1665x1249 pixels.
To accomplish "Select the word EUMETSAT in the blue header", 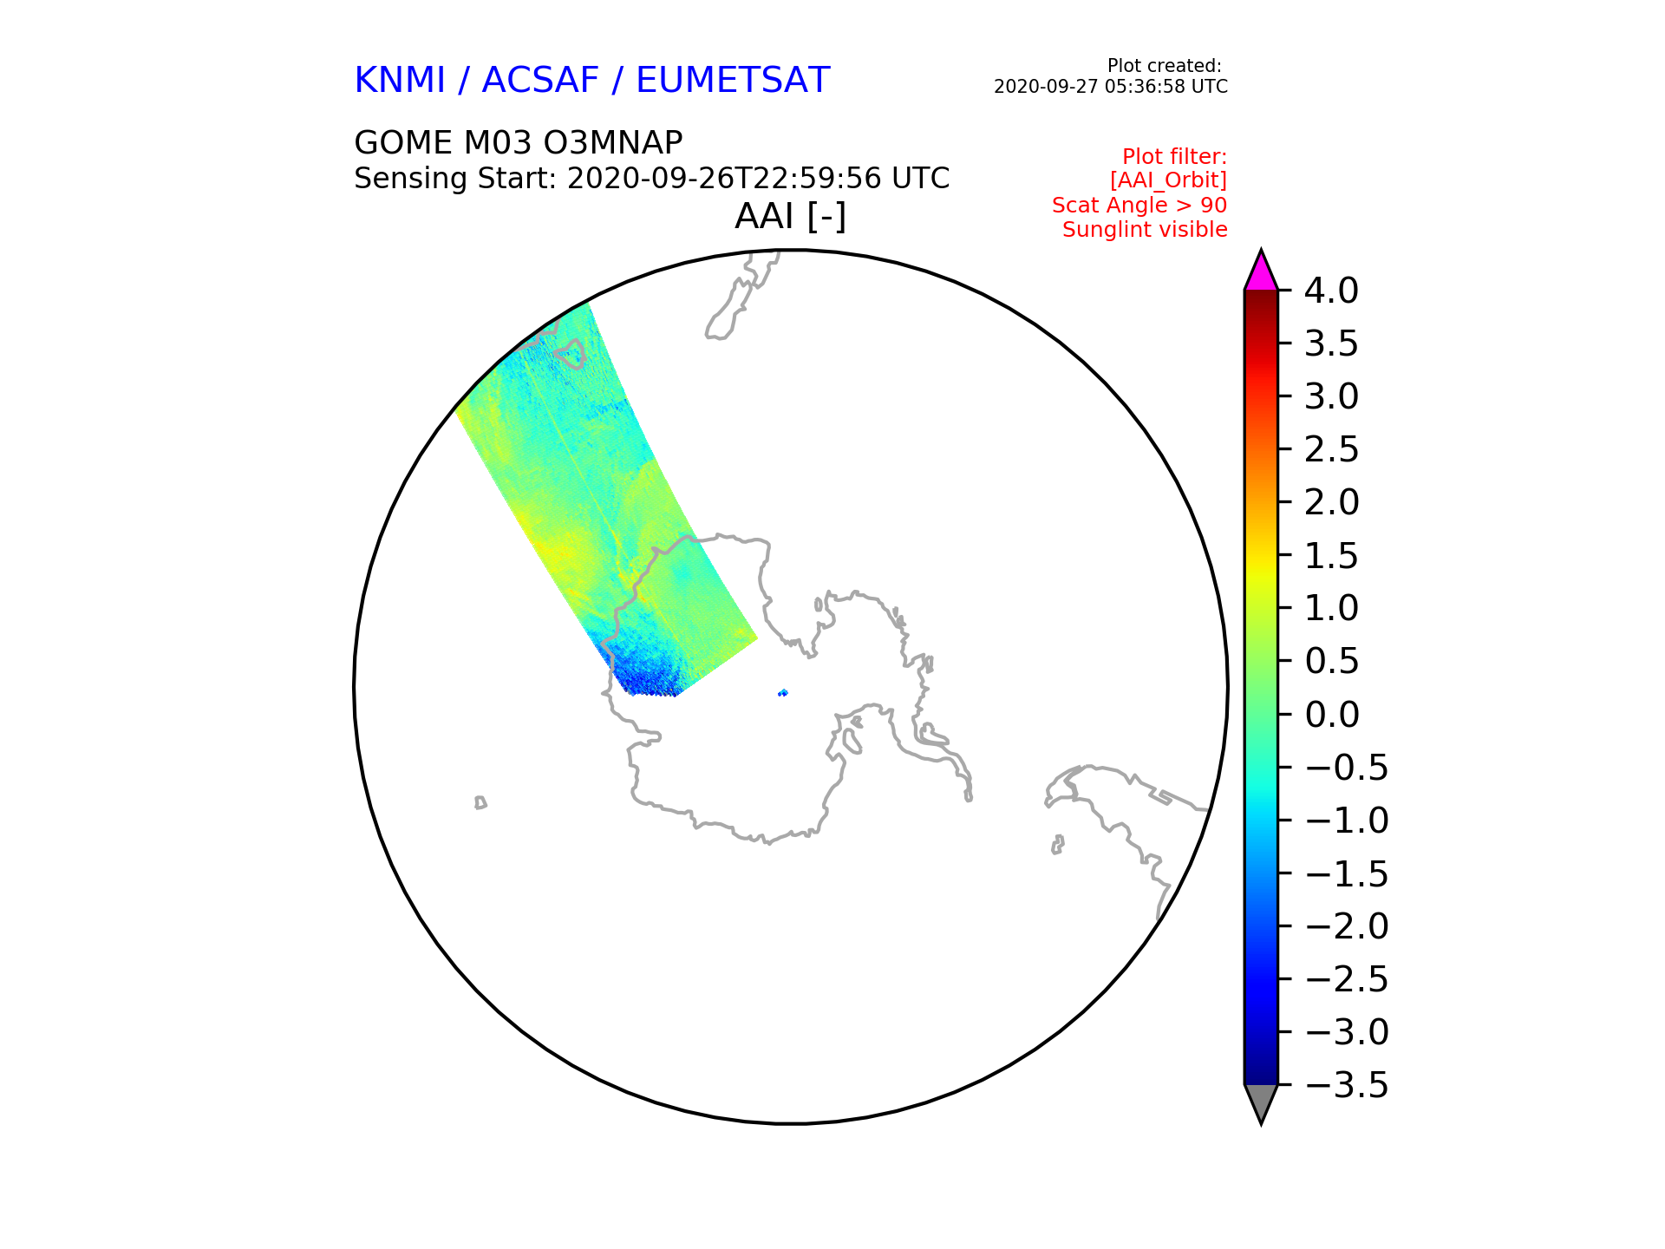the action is tap(733, 81).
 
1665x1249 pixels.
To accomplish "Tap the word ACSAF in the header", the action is tap(540, 81).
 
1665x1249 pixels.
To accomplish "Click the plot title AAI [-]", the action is tap(790, 216).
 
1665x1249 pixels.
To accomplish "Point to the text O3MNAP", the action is tap(616, 142).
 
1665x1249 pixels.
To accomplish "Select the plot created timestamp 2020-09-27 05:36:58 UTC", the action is tap(1111, 87).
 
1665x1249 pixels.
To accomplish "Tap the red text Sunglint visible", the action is tap(1145, 230).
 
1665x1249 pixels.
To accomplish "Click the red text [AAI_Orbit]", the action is tap(1168, 180).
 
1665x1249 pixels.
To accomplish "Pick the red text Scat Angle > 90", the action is tap(1139, 206).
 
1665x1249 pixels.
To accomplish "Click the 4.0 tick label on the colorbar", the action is tap(1331, 291).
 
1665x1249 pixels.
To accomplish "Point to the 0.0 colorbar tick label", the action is tap(1331, 715).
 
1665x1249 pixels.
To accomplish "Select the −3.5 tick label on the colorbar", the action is tap(1347, 1085).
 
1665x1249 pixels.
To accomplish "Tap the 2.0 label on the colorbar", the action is tap(1331, 502).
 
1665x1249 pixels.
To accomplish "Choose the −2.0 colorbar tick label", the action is tap(1347, 926).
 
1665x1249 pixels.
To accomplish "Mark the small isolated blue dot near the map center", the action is tap(783, 692).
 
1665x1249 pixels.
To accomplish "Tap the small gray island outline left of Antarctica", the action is tap(480, 803).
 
